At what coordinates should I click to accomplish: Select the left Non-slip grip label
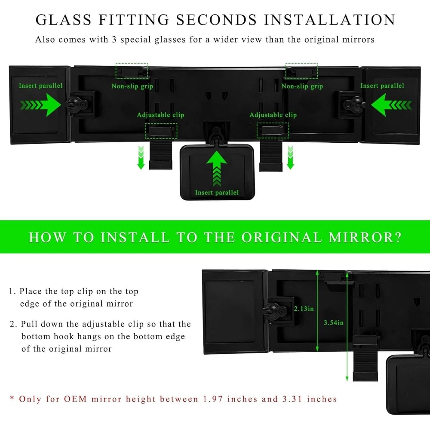click(x=132, y=86)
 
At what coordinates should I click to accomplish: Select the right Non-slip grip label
click(x=302, y=86)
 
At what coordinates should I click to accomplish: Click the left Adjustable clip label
click(x=160, y=115)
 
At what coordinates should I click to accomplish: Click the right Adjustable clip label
click(x=273, y=115)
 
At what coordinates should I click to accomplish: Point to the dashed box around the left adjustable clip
click(x=161, y=130)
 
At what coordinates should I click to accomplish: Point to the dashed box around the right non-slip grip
click(x=301, y=71)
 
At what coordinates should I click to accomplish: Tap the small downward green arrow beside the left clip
click(x=141, y=157)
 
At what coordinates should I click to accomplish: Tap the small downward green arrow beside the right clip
click(x=290, y=157)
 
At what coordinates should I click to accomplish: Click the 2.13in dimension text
click(x=304, y=309)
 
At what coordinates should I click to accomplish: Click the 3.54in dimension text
click(x=334, y=322)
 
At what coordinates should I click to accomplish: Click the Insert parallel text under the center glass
click(x=216, y=192)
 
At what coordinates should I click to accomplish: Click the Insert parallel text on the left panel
click(x=40, y=86)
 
